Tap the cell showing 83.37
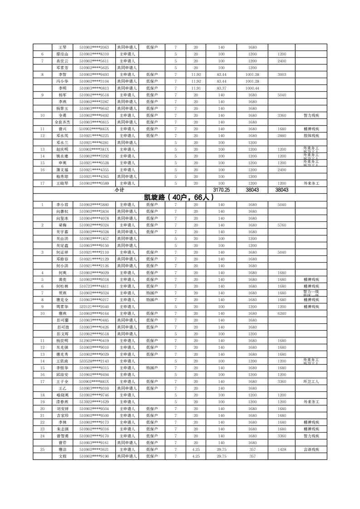[x=221, y=88]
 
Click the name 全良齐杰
[x=62, y=122]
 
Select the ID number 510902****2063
[x=94, y=47]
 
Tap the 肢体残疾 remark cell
[x=311, y=136]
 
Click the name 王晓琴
[x=62, y=183]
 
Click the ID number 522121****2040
[x=94, y=307]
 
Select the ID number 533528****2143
[x=94, y=361]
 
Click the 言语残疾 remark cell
[x=311, y=450]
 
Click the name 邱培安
[x=62, y=375]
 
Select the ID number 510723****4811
[x=94, y=286]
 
